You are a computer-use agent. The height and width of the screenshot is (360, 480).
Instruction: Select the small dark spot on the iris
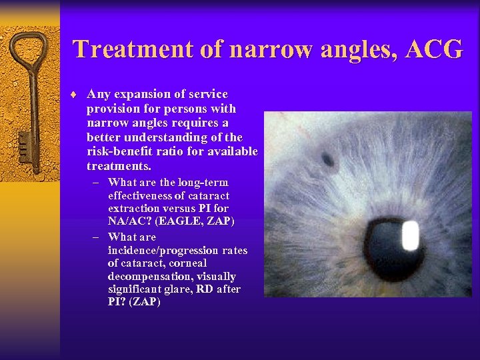point(329,159)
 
